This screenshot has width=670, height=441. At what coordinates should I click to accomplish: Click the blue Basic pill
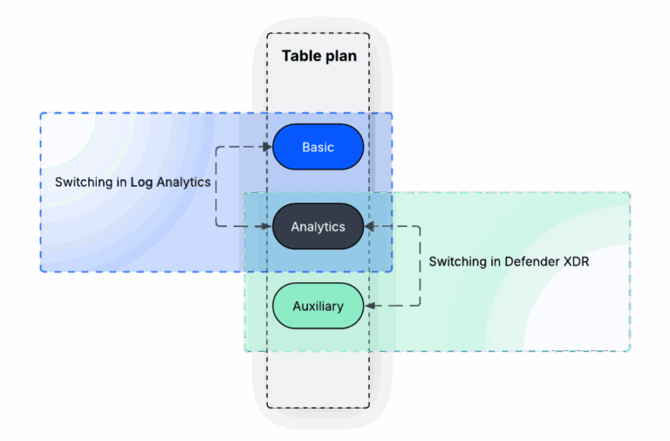[x=318, y=147]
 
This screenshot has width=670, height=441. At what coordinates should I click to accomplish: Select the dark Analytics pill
[x=318, y=227]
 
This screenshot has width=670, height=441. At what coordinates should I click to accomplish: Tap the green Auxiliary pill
[x=318, y=307]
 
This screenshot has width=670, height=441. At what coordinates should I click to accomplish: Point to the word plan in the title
[x=340, y=56]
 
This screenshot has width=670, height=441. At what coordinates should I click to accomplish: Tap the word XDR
[x=577, y=261]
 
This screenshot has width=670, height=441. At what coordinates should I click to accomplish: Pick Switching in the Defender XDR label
[x=458, y=261]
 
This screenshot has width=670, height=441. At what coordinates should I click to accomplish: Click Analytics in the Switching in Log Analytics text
[x=183, y=183]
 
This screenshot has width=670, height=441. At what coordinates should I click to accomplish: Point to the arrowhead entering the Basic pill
[x=268, y=147]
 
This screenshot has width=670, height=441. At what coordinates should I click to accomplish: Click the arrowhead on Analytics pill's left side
[x=268, y=227]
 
